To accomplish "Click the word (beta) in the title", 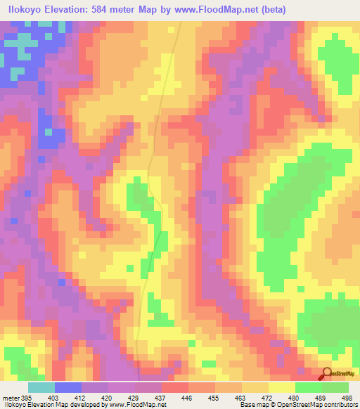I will pyautogui.click(x=269, y=9).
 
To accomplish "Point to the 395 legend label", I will pyautogui.click(x=27, y=397).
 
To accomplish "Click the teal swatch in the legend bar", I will pyautogui.click(x=41, y=387).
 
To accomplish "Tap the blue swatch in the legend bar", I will pyautogui.click(x=68, y=387).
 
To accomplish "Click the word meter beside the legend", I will pyautogui.click(x=10, y=397).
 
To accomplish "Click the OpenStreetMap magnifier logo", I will pyautogui.click(x=326, y=374).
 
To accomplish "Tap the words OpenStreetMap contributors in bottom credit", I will pyautogui.click(x=314, y=405).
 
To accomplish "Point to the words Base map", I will pyautogui.click(x=252, y=405).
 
